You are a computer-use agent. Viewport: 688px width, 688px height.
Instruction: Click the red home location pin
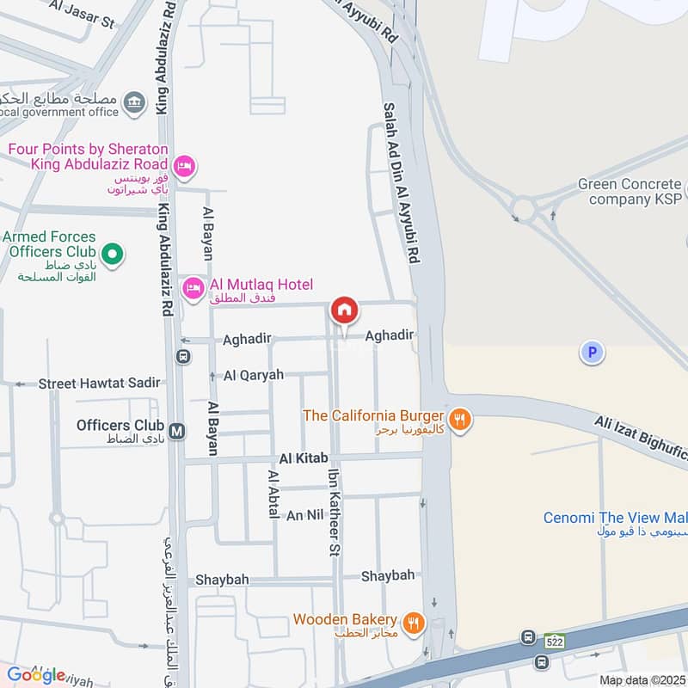pos(344,311)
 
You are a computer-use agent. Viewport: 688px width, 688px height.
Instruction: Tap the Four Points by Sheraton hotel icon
pos(183,164)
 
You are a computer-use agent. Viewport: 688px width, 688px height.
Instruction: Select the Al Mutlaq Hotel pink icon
pos(193,286)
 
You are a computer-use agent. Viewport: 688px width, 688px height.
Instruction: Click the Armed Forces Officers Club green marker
pos(112,254)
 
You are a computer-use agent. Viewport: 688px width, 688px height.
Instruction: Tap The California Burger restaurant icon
pos(460,419)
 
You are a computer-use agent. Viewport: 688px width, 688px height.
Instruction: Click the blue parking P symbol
pos(592,352)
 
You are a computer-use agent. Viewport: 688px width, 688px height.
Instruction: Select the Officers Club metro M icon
pos(178,431)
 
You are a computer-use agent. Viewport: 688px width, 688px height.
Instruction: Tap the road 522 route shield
pos(554,641)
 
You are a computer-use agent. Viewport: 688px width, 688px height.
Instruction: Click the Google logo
pos(36,674)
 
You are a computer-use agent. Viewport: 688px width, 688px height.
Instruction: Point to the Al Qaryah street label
pos(254,376)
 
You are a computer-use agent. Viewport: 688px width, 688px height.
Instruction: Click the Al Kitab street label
pos(303,459)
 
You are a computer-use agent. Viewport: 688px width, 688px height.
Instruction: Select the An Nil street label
pos(306,515)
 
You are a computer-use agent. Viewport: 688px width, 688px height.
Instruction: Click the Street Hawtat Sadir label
pos(100,384)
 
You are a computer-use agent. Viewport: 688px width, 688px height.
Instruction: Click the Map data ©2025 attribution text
pos(642,680)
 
